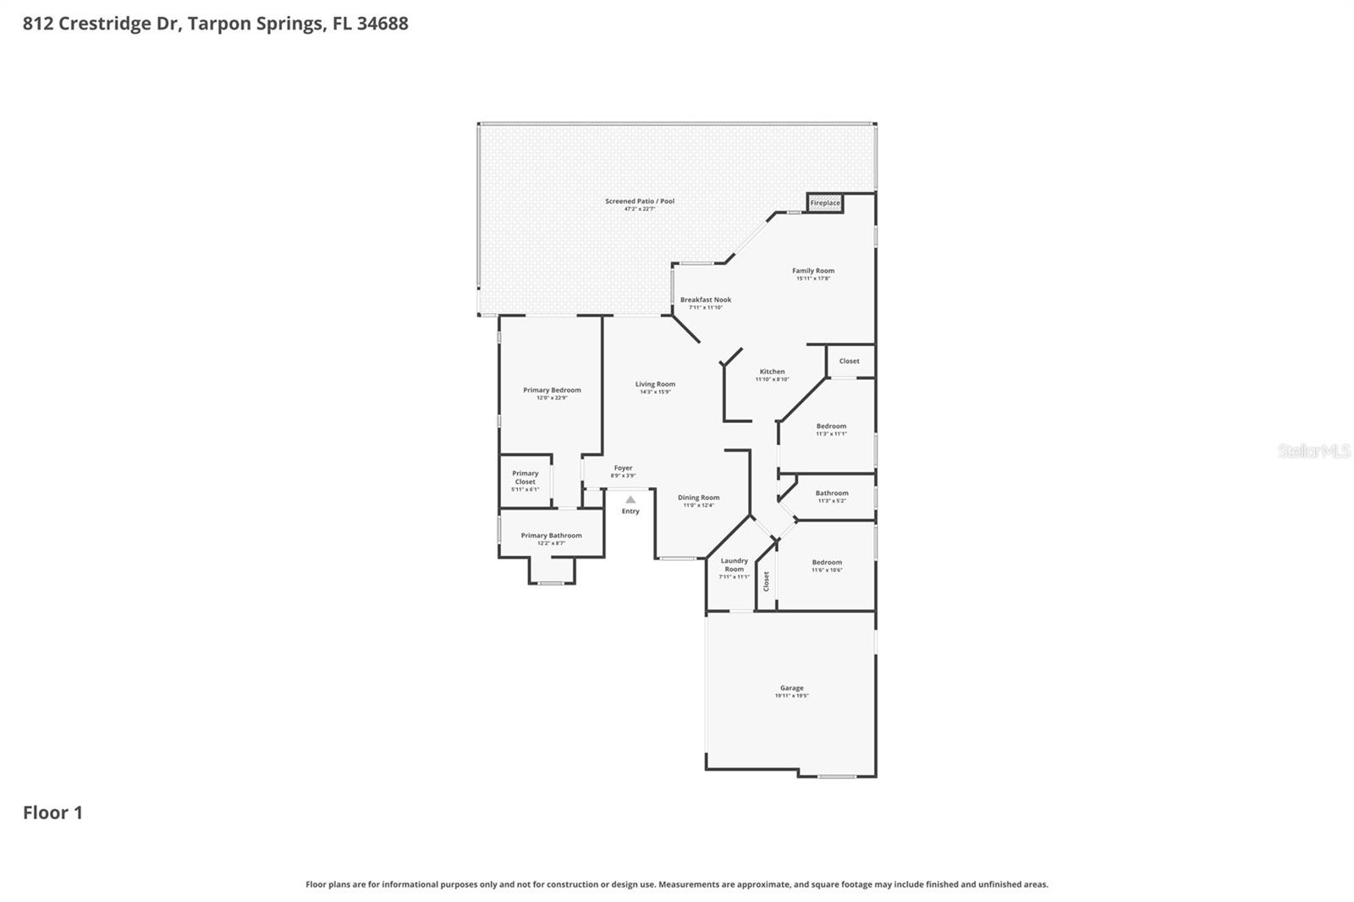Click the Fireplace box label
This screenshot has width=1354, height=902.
(x=825, y=203)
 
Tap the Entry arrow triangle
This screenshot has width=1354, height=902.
(x=630, y=500)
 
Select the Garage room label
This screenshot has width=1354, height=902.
(x=792, y=689)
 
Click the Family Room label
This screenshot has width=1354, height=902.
(x=813, y=272)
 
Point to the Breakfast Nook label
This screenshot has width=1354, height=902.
(x=706, y=300)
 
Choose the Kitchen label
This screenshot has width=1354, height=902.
(x=772, y=372)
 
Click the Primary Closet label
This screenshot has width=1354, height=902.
(x=525, y=478)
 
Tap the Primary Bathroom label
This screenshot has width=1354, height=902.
(x=551, y=536)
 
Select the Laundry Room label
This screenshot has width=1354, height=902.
(x=734, y=565)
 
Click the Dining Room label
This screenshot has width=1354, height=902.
(x=699, y=498)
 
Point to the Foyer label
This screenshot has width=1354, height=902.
(x=623, y=469)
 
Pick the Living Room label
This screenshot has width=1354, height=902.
(x=655, y=385)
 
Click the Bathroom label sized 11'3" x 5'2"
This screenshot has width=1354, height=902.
(x=832, y=493)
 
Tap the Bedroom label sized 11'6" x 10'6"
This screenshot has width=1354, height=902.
(x=827, y=563)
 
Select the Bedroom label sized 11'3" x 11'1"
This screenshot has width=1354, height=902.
(x=831, y=427)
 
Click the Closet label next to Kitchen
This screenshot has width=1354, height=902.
(x=849, y=361)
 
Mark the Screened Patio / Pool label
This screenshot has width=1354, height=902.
(x=640, y=201)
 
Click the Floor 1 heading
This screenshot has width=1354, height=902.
(x=52, y=813)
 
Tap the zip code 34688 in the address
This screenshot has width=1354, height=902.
(x=383, y=24)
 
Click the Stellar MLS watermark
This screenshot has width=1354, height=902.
(x=1313, y=452)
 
